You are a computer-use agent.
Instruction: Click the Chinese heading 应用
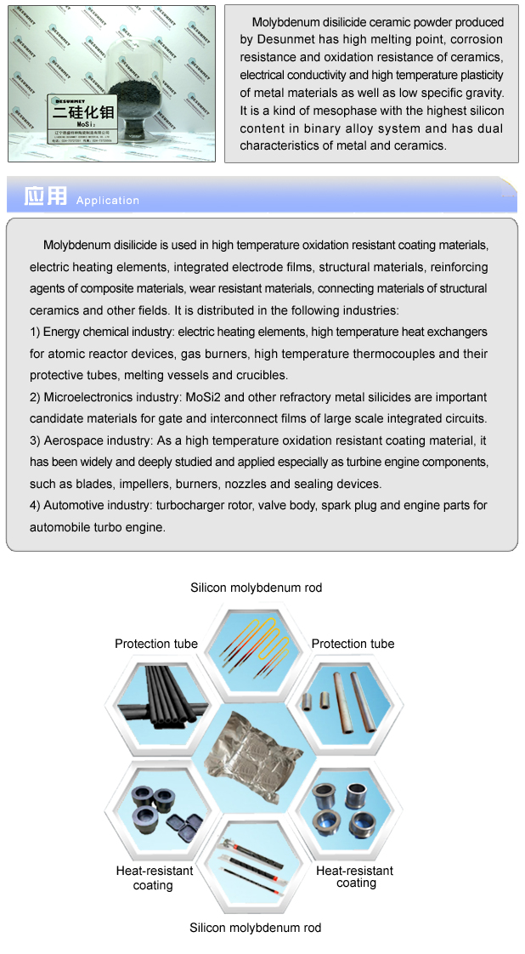pos(45,196)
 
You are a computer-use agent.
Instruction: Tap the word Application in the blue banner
pos(107,201)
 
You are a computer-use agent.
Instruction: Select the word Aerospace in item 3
pos(71,440)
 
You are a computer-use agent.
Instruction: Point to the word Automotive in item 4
pos(74,506)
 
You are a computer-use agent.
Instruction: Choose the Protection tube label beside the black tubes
pos(156,644)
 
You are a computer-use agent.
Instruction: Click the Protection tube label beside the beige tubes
pos(353,644)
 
